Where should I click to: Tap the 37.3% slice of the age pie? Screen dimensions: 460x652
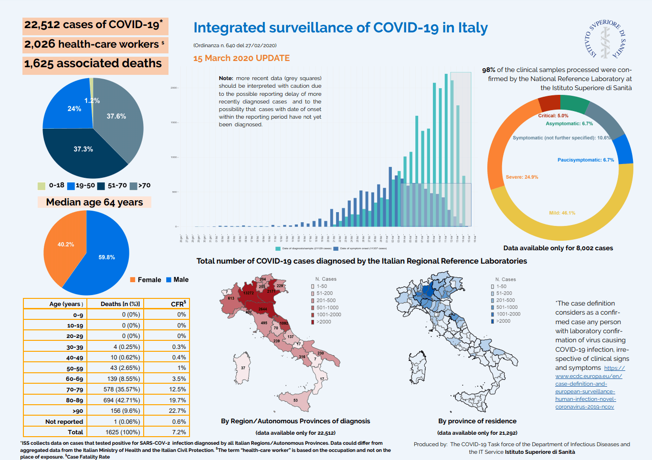[84, 150]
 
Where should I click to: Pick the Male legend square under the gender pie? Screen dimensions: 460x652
[168, 280]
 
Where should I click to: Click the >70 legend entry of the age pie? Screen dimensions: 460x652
[140, 185]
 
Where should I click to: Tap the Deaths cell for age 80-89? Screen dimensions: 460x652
[121, 400]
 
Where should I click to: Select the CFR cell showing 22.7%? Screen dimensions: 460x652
[177, 411]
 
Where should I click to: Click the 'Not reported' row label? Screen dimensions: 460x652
[64, 422]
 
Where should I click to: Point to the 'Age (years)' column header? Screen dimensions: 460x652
[66, 304]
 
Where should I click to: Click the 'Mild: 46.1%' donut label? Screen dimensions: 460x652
[562, 213]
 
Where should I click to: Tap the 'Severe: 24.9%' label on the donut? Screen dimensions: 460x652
[522, 177]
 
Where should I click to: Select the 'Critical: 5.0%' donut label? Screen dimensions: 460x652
[553, 116]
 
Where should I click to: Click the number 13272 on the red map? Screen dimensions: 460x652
[248, 293]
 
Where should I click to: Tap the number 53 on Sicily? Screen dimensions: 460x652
[295, 400]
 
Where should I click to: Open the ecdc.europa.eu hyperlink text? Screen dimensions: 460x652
[588, 376]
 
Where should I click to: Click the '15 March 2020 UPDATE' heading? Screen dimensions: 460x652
[241, 58]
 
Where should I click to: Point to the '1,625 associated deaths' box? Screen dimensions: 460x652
[95, 64]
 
